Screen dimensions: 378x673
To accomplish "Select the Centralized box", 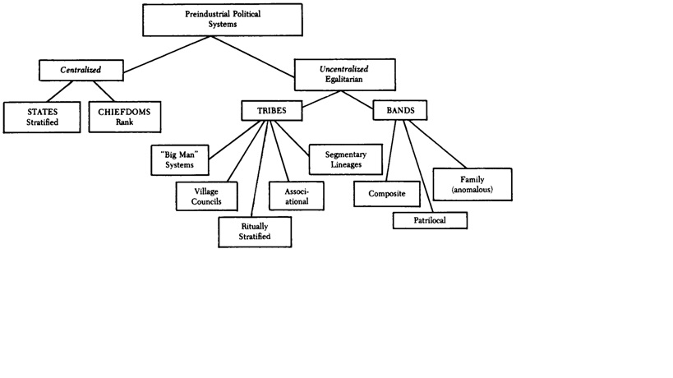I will click(x=80, y=70).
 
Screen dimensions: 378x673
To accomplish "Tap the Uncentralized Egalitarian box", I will click(x=343, y=76).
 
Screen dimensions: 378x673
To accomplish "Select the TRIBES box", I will click(x=270, y=110).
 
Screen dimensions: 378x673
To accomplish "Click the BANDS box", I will click(x=400, y=110).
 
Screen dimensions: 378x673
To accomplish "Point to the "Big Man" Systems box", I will click(x=179, y=159).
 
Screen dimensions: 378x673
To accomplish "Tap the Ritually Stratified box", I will click(x=256, y=231).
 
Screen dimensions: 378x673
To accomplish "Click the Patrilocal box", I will click(x=430, y=220).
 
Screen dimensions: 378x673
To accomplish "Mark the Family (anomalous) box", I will click(x=472, y=184).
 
